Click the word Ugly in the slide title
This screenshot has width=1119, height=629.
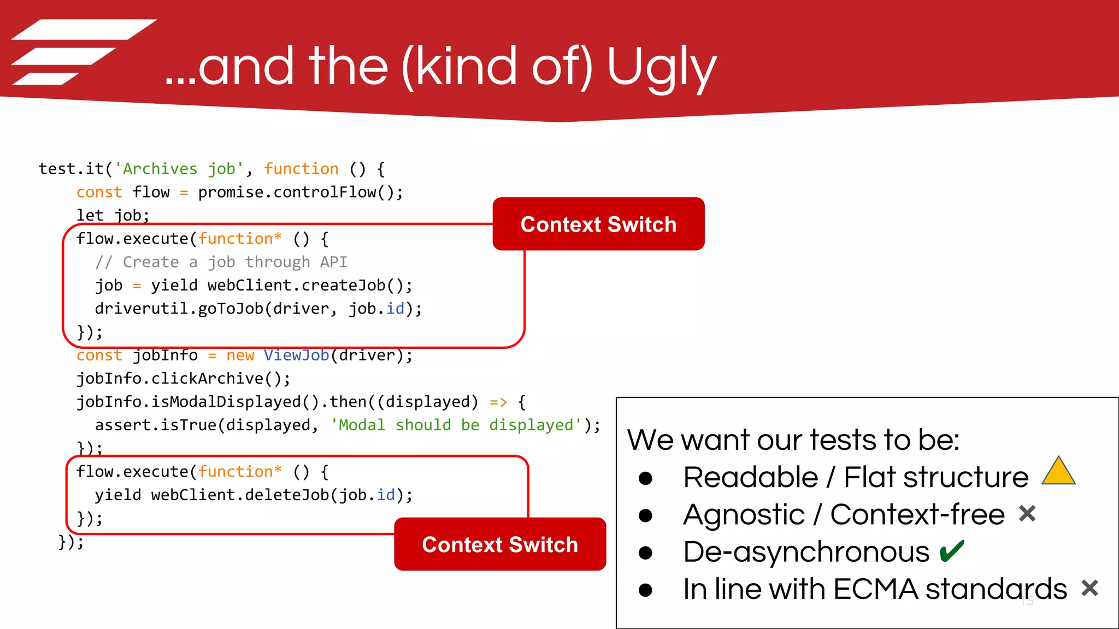[x=661, y=68]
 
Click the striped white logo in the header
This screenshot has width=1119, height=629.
[x=82, y=52]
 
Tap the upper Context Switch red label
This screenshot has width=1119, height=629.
[x=598, y=224]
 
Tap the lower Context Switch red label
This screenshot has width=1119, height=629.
[x=500, y=544]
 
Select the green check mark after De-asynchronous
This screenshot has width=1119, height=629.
[x=952, y=551]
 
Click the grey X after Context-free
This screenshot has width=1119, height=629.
[x=1027, y=514]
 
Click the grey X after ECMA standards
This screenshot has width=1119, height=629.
[x=1089, y=588]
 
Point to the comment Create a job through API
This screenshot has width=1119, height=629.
[x=221, y=262]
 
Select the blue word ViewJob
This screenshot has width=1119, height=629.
[x=296, y=355]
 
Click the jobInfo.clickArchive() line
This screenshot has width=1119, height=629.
[x=183, y=378]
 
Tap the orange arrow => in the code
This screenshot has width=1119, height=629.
[x=498, y=402]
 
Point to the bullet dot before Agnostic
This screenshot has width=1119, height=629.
[x=645, y=515]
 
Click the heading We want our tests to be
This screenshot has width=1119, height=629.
[x=793, y=440]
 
